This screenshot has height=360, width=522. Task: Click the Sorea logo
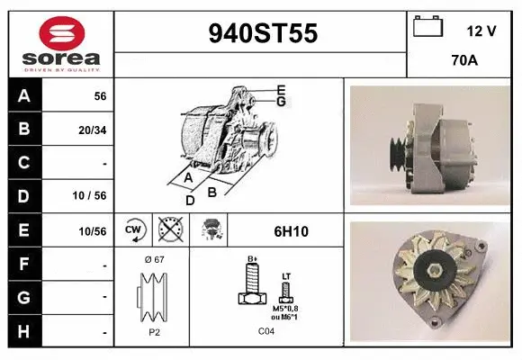pos(61,44)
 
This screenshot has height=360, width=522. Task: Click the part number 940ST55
pos(262,33)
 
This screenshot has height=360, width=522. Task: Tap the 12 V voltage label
pos(481,31)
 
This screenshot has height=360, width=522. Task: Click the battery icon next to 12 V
pos(428,28)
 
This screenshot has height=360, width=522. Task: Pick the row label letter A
pos(24,96)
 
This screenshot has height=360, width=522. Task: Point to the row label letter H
pos(24,331)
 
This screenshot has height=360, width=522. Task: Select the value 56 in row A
pos(101,96)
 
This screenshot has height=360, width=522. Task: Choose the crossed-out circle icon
pos(170,230)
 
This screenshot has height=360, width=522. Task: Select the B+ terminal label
pos(253,259)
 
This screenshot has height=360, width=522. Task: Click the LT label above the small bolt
pos(286,274)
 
